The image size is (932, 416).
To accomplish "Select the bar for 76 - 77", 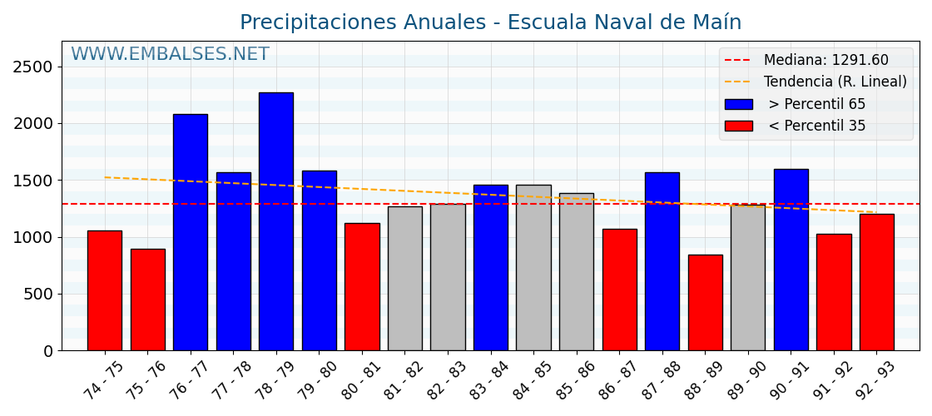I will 190,232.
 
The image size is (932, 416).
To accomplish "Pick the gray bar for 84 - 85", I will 533,267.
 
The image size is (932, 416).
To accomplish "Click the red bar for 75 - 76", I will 147,300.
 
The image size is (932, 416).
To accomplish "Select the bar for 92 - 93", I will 876,282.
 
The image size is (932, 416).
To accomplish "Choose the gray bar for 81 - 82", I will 404,278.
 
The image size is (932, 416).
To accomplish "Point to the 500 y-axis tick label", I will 38,295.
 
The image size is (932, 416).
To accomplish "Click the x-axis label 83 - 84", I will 488,381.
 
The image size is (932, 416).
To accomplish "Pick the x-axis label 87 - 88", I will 659,381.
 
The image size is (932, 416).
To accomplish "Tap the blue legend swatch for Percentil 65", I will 738,105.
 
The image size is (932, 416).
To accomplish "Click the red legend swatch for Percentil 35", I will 738,126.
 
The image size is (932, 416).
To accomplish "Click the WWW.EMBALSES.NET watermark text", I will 170,55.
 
